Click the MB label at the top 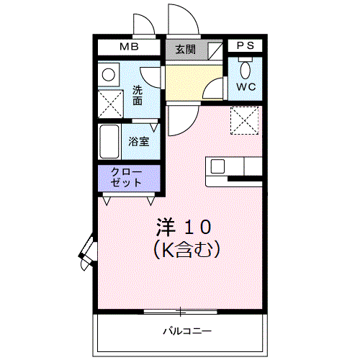click(130, 48)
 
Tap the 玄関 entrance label click(185, 50)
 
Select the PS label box click(246, 45)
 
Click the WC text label click(246, 87)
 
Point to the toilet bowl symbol click(246, 70)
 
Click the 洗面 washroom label click(138, 96)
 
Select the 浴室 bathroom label click(139, 141)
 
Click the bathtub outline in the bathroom click(110, 142)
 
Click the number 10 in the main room click(196, 229)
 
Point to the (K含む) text click(186, 250)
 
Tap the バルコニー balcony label click(186, 333)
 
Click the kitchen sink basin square click(217, 166)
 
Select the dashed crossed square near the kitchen click(244, 118)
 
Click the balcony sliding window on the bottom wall click(181, 312)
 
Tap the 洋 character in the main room click(166, 229)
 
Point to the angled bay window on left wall click(89, 251)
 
